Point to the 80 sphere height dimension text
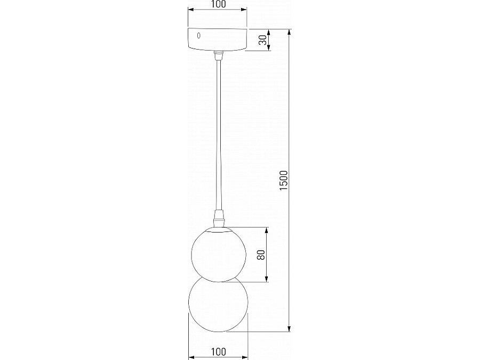(261, 255)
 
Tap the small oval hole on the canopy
(199, 36)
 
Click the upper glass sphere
(218, 253)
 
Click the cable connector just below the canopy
(218, 55)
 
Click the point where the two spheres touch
(218, 278)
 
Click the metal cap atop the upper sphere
(218, 229)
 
